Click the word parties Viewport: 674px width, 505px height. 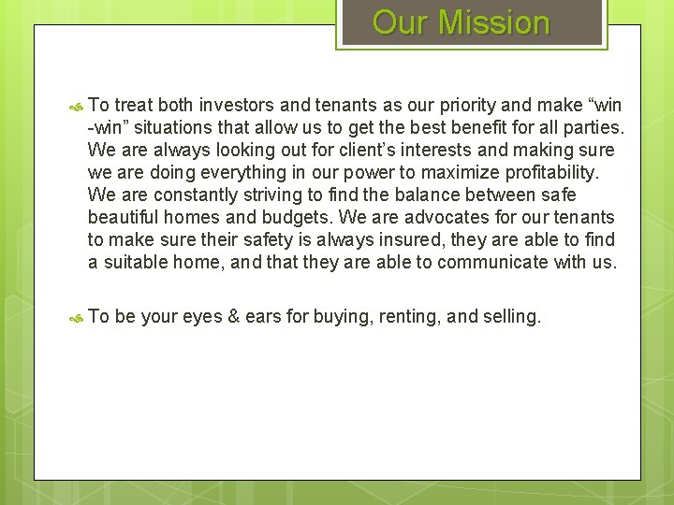595,127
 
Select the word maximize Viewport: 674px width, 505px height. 432,172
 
